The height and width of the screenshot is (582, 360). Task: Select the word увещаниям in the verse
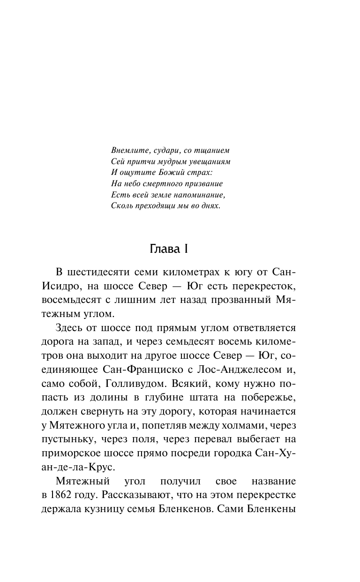[210, 161]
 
